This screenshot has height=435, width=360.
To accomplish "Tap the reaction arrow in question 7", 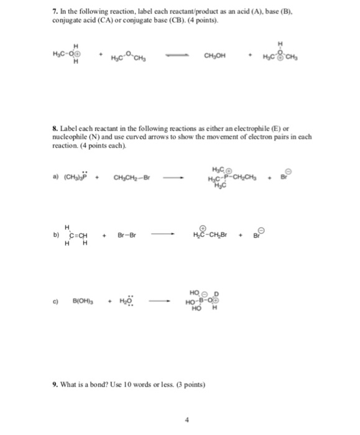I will (x=185, y=61).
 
